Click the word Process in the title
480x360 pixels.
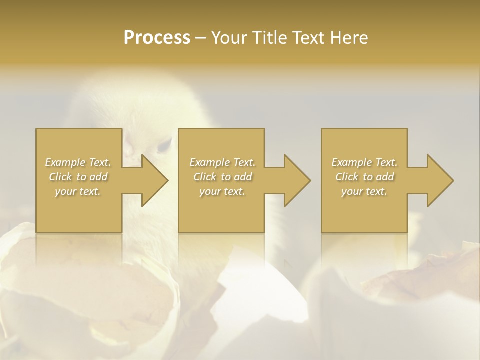pos(157,38)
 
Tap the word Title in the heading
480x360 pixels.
pos(269,38)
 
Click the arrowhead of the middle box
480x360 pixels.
pos(297,180)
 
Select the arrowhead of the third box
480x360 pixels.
pos(440,180)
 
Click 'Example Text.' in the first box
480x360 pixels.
pos(78,162)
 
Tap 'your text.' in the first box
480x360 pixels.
pos(78,191)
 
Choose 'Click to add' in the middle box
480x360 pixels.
pos(222,177)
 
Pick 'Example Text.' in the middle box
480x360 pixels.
pos(222,162)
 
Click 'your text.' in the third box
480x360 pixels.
pos(364,191)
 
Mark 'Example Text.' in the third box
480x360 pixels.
pos(364,162)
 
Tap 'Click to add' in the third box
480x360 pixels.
pos(364,177)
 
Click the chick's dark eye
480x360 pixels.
pos(164,146)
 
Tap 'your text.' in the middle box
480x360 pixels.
pos(222,191)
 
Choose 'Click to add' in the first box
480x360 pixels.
pos(78,177)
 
